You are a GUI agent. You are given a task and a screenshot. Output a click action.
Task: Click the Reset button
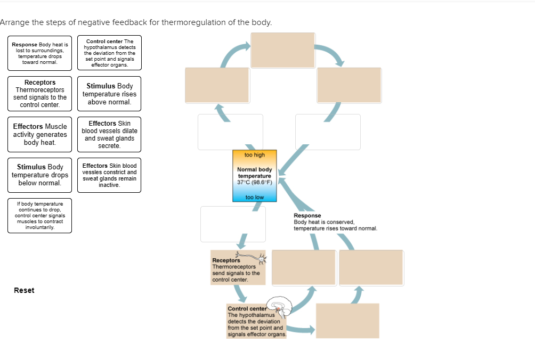tap(24, 290)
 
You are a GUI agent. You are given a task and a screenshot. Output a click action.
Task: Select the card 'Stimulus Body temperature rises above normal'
tap(109, 94)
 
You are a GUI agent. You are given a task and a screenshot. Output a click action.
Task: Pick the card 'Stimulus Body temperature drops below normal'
tap(40, 175)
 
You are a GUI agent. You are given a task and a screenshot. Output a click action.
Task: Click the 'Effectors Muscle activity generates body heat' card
tap(40, 134)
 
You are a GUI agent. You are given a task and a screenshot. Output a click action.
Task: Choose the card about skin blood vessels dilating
tap(109, 134)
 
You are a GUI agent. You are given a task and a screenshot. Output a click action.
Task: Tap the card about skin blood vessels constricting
tap(109, 175)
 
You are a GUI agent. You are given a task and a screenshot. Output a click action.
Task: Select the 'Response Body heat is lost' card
tap(40, 53)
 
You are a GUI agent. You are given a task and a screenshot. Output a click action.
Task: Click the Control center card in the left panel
tap(109, 53)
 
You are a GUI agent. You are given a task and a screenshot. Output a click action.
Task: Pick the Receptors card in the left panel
tap(40, 94)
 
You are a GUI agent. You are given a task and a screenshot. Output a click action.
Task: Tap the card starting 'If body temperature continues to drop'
tap(40, 215)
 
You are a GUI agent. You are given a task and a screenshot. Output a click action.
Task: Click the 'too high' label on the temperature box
tap(255, 155)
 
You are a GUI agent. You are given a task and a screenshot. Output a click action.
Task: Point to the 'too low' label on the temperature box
tap(255, 197)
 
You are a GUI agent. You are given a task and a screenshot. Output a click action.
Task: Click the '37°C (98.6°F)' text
tap(255, 182)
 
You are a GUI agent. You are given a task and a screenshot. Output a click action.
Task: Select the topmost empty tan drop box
tap(283, 50)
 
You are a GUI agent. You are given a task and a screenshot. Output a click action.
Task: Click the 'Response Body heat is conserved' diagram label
tap(335, 222)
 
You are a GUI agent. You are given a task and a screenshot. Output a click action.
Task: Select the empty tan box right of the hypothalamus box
tap(347, 321)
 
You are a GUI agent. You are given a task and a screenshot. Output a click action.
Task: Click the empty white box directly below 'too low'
tap(233, 224)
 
